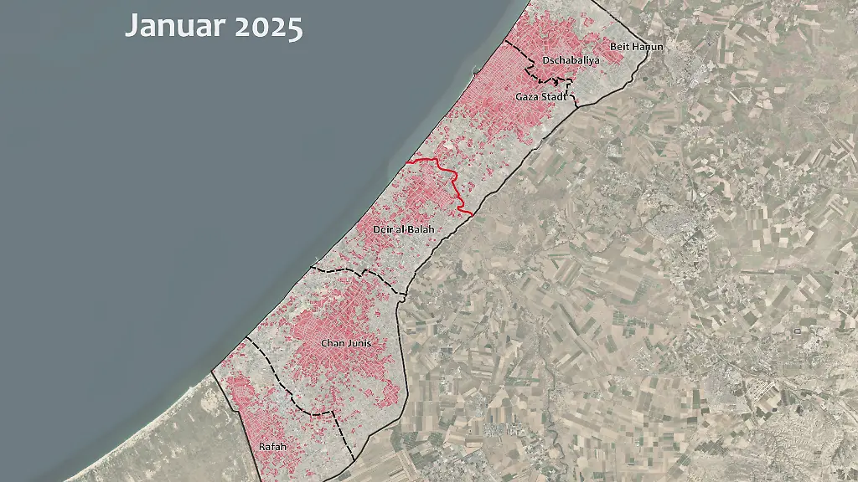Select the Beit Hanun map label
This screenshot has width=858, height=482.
click(636, 47)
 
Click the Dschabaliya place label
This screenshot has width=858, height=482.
click(571, 60)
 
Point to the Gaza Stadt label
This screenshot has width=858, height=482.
click(540, 97)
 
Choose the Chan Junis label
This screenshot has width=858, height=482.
click(346, 343)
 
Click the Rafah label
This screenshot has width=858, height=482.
click(272, 447)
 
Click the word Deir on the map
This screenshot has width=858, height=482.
click(380, 228)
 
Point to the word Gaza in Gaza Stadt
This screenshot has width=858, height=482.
click(527, 97)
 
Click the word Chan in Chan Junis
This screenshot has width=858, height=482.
click(333, 343)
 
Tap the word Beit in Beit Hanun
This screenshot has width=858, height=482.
click(619, 47)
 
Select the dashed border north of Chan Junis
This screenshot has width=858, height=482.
click(360, 271)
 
